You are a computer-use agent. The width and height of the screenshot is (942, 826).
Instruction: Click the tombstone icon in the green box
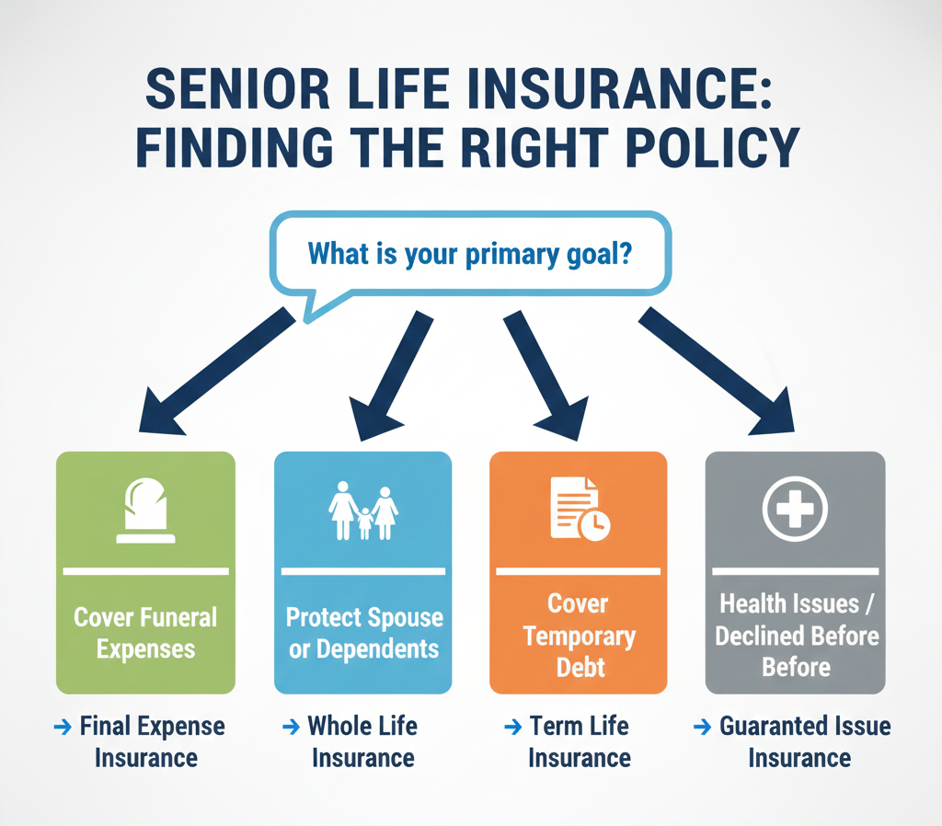[x=144, y=511]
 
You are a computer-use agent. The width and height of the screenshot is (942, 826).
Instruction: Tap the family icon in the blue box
[x=363, y=511]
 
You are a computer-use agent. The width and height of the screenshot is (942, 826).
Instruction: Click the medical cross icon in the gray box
[x=796, y=509]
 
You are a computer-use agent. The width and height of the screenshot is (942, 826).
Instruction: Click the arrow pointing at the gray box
[x=718, y=371]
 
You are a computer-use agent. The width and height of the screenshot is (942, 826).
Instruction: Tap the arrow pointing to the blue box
[x=391, y=373]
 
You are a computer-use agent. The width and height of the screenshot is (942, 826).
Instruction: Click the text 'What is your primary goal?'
[x=469, y=252]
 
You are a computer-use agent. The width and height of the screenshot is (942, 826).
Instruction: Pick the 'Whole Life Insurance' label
[x=362, y=741]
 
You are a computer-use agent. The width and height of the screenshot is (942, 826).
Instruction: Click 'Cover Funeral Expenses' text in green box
[x=145, y=633]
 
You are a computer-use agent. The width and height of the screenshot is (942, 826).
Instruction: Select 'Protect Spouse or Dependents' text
[x=363, y=633]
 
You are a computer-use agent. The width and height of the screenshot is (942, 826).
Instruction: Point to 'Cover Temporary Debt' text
[x=579, y=635]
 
